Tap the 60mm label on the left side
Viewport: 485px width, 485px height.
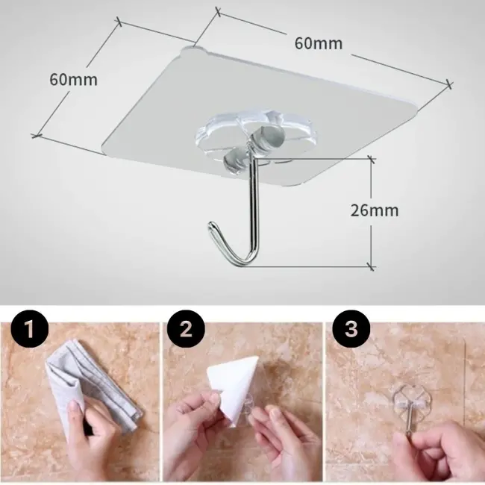[x=73, y=79]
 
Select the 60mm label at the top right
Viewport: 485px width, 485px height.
[x=318, y=43]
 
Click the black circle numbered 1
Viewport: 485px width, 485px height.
[x=31, y=328]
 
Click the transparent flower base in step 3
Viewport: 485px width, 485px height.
[x=411, y=403]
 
